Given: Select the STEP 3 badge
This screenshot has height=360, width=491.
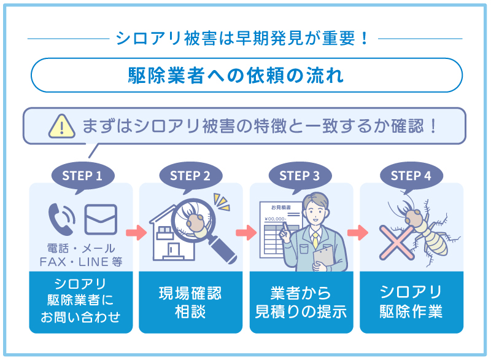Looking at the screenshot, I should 300,176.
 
